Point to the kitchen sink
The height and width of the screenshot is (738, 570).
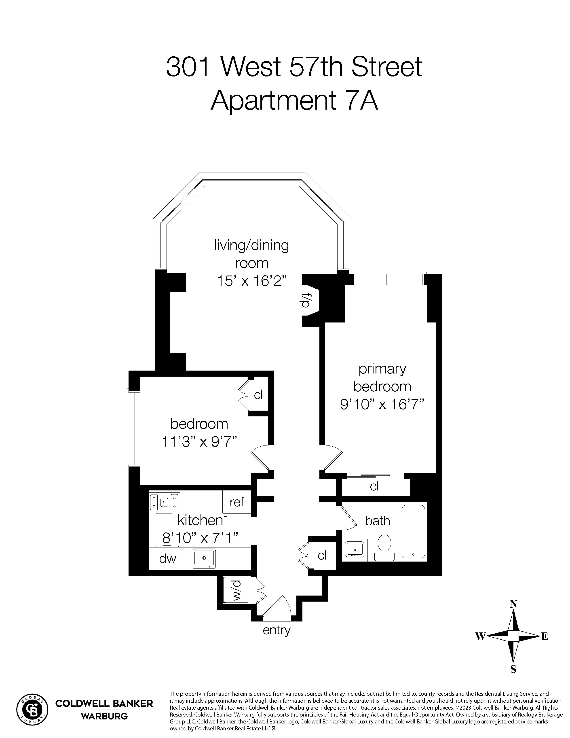click(x=204, y=558)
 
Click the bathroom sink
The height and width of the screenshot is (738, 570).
click(x=355, y=548)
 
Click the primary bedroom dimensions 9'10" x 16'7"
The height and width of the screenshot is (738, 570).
click(x=382, y=404)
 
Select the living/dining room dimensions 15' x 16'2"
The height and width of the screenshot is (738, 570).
click(x=251, y=281)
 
